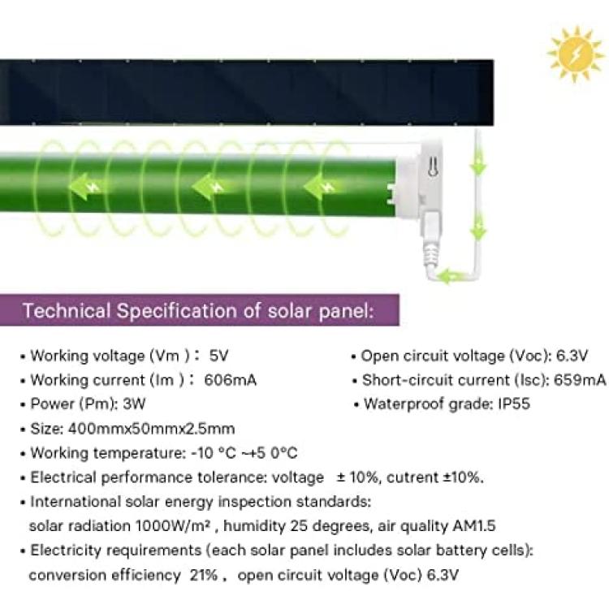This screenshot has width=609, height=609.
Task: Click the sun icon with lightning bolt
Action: coord(577,54)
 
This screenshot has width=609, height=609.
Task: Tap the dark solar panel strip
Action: coord(247,93)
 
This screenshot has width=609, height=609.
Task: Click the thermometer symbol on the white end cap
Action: coord(433,168)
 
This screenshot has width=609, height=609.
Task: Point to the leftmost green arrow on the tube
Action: coord(84,187)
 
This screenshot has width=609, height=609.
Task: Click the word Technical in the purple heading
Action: coord(67,311)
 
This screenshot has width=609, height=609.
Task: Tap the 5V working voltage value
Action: coord(218,356)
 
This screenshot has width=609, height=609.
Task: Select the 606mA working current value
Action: coord(231,380)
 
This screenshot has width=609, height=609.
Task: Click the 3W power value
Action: coord(134,404)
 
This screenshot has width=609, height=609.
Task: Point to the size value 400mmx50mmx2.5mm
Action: coord(152,429)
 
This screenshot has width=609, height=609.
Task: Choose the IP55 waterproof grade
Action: coord(514,404)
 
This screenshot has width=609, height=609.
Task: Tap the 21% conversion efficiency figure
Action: coord(203,575)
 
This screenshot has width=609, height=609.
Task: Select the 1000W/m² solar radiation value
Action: coord(173,526)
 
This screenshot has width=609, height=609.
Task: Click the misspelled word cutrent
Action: coord(412,477)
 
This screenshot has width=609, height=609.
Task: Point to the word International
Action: coord(76,502)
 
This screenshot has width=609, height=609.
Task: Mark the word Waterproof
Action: coord(404,404)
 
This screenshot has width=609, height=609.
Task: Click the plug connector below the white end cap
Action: coord(431,241)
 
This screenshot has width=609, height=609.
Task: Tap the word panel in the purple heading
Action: coord(345,312)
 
